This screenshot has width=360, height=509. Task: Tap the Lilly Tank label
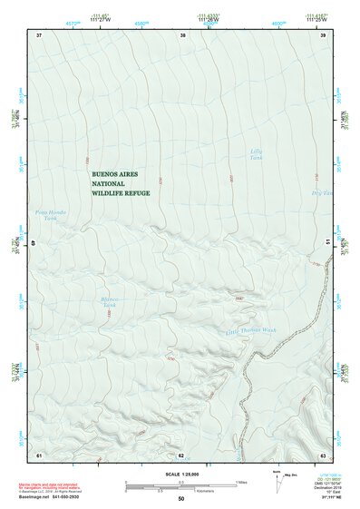[x=258, y=154]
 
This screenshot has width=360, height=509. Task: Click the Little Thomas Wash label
[x=249, y=331]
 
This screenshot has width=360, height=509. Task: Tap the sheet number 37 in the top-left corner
[x=39, y=34]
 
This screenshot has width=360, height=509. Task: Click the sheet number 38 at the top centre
[x=183, y=34]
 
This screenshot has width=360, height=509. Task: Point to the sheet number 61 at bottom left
[x=39, y=455]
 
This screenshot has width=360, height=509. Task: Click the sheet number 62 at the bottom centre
[x=181, y=455]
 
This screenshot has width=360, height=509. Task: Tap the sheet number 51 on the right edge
[x=326, y=243]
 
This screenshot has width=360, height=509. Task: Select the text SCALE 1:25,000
[x=180, y=474]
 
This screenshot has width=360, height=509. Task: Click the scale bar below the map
[x=180, y=484]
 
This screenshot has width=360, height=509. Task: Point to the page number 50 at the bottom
[x=180, y=499]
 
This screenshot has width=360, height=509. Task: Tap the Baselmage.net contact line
[x=56, y=497]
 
